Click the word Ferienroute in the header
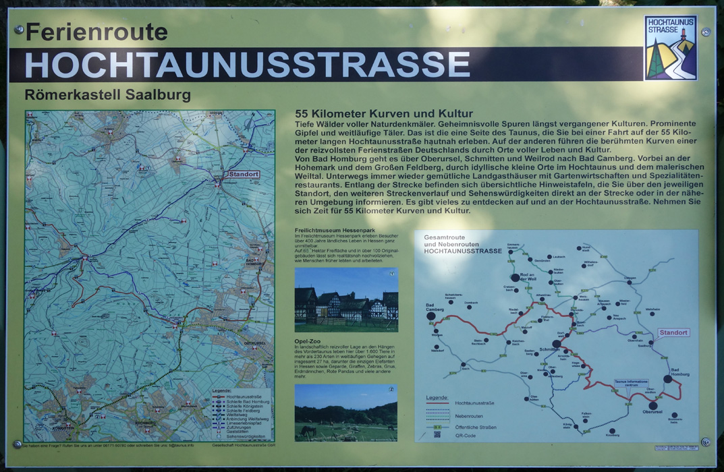pyautogui.click(x=96, y=32)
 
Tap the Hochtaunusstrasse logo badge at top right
pyautogui.click(x=670, y=48)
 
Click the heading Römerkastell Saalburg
pyautogui.click(x=108, y=95)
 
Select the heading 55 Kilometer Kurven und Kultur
pyautogui.click(x=384, y=114)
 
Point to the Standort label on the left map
pyautogui.click(x=244, y=175)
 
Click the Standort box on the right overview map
pyautogui.click(x=673, y=332)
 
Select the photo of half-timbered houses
pyautogui.click(x=346, y=300)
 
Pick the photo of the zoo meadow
pyautogui.click(x=345, y=413)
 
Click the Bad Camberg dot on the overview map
pyautogui.click(x=431, y=316)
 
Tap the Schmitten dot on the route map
pyautogui.click(x=557, y=344)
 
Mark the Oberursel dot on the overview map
pyautogui.click(x=652, y=406)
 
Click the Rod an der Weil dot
pyautogui.click(x=516, y=277)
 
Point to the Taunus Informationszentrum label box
pyautogui.click(x=631, y=383)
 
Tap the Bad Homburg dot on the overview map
pyautogui.click(x=668, y=380)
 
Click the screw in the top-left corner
pyautogui.click(x=19, y=30)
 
